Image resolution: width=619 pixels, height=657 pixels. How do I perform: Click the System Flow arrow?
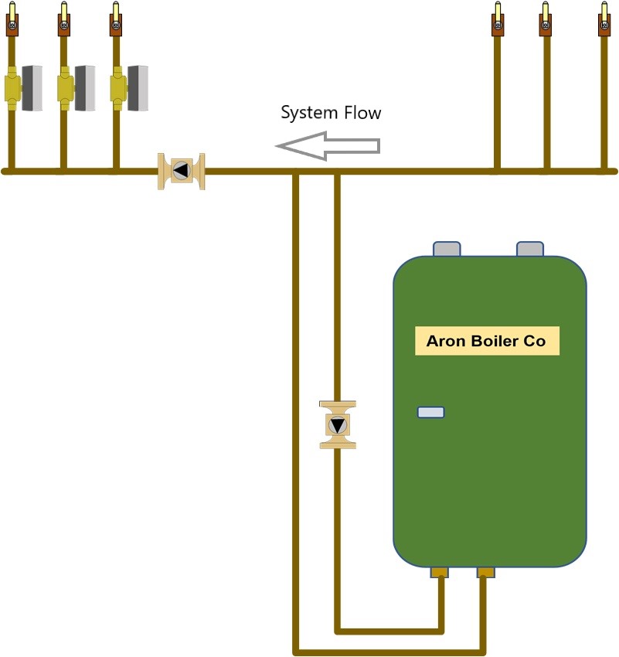tap(328, 146)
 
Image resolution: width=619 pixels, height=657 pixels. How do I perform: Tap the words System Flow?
tap(331, 113)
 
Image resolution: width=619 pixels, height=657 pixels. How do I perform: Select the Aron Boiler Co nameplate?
tap(487, 341)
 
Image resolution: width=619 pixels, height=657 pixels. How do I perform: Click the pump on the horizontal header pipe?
tap(182, 171)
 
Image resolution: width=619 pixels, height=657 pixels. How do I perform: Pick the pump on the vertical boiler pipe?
tap(338, 425)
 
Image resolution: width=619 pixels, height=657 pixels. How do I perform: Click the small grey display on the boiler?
tap(431, 412)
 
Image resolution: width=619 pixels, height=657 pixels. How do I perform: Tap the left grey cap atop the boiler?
tap(447, 248)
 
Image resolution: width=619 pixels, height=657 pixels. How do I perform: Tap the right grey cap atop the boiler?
tap(530, 248)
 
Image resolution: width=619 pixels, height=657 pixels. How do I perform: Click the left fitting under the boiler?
tap(440, 572)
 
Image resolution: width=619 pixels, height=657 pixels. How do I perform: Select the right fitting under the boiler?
tap(486, 572)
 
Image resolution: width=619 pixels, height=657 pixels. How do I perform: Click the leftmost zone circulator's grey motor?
tap(32, 88)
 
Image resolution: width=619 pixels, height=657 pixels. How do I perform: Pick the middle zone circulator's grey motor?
tap(85, 88)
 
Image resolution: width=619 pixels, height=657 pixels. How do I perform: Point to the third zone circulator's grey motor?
tap(138, 88)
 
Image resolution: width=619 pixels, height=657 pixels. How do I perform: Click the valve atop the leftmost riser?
tap(12, 19)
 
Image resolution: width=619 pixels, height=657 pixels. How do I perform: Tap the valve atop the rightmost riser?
tap(604, 19)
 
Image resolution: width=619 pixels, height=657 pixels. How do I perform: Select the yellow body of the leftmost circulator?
tap(12, 88)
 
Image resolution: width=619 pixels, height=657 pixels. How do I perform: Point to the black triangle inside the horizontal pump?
tap(181, 171)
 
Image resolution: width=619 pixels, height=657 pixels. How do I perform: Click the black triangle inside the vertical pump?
tap(338, 425)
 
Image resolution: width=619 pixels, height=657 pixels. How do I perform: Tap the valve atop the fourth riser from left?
tap(498, 19)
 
